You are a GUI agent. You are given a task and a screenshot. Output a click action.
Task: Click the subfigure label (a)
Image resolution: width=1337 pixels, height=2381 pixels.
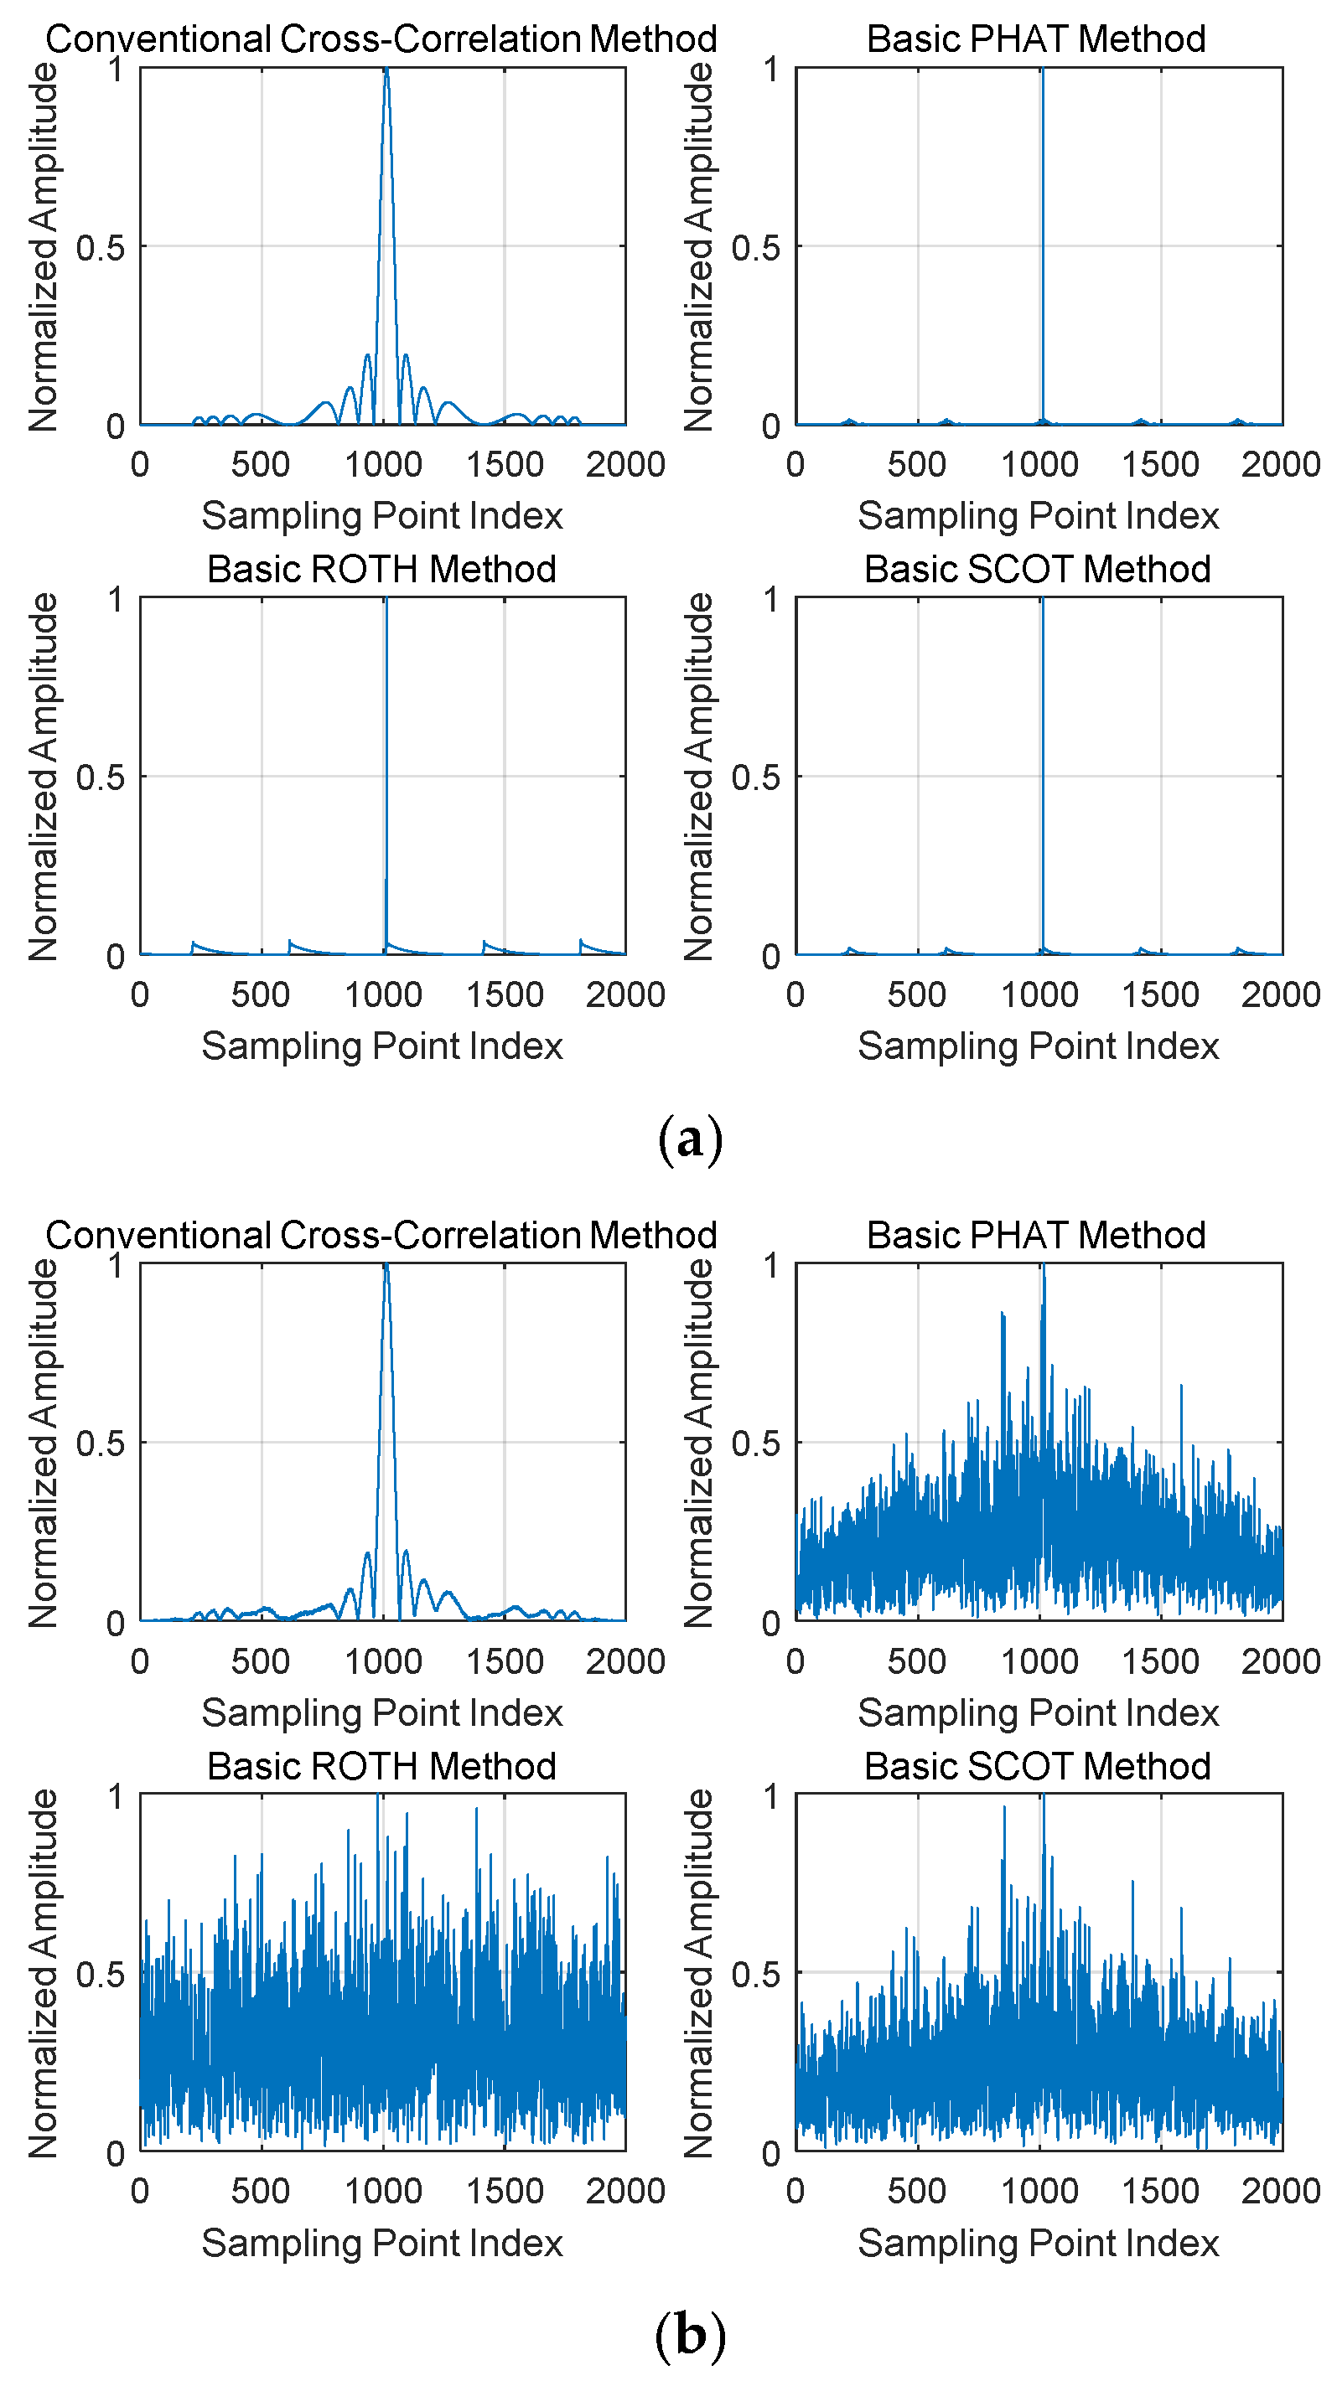pos(690,1139)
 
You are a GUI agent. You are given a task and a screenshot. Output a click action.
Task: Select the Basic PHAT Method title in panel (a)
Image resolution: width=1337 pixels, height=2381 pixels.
pos(1035,39)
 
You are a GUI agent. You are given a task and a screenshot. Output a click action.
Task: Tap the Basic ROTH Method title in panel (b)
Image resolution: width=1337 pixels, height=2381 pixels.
pos(381,1765)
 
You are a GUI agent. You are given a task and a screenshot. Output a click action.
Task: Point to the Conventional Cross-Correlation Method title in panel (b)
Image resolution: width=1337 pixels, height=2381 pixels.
pos(381,1235)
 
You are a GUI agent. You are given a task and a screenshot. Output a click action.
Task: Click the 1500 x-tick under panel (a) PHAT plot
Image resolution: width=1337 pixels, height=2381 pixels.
pos(1159,464)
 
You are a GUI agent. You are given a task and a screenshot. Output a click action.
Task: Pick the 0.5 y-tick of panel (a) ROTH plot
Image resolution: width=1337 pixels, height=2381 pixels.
pos(100,777)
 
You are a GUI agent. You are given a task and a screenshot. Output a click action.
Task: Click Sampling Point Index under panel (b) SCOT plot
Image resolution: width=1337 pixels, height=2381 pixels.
pos(1038,2244)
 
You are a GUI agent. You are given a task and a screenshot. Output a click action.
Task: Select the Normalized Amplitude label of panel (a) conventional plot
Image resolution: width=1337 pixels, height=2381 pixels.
pos(44,247)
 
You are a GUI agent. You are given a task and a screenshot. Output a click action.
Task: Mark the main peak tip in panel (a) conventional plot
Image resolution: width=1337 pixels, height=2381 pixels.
pos(386,70)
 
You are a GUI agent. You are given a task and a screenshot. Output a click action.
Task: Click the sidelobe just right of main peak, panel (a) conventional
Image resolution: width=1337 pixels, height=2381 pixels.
pos(405,356)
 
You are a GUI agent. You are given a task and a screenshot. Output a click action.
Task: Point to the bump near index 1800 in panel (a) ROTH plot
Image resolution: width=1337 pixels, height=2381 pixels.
pos(582,942)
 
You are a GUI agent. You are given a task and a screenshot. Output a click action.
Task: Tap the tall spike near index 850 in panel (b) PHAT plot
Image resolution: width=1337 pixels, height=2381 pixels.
pos(1003,1314)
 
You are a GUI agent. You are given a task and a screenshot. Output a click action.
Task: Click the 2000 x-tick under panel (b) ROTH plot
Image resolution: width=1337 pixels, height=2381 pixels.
pos(625,2191)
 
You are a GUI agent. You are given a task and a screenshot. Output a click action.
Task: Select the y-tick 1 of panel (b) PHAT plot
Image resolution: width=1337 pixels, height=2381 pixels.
pos(771,1264)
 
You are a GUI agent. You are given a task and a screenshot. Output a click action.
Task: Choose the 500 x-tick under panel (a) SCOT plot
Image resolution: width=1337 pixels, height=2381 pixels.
pos(916,994)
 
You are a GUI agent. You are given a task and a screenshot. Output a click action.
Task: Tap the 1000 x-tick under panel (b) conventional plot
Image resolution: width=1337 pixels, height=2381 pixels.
pos(383,1661)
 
